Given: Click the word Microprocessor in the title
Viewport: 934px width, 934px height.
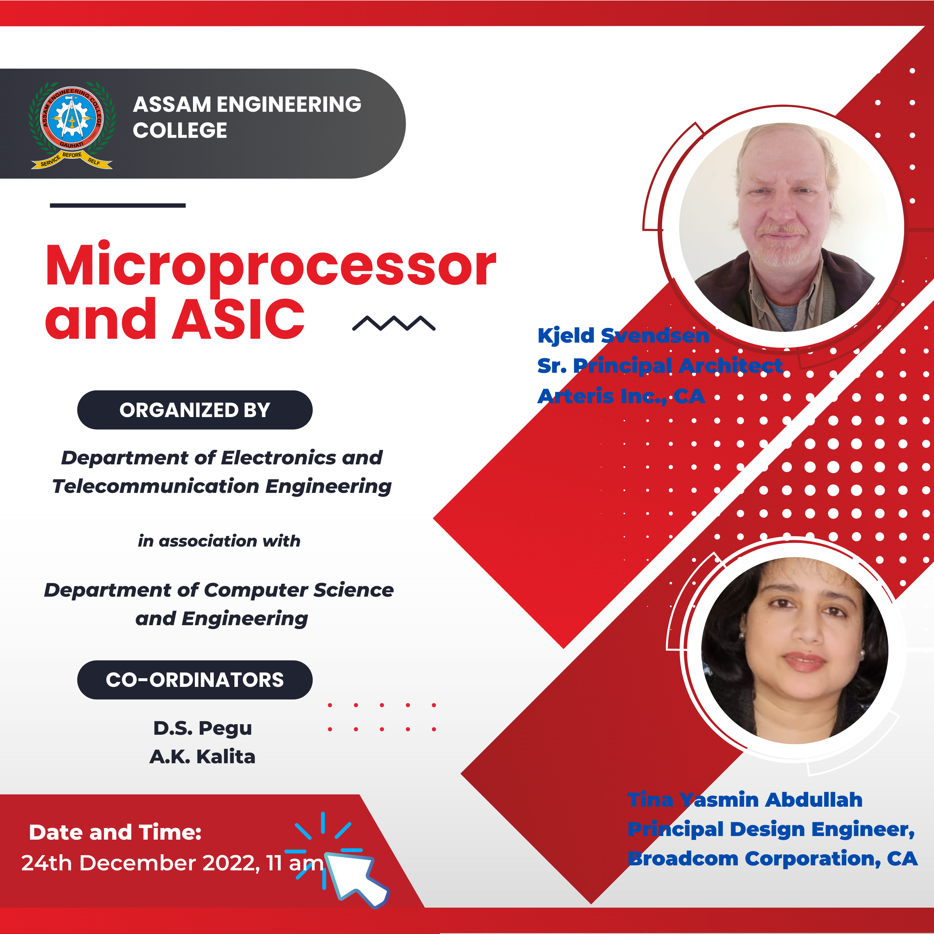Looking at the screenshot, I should pos(270,266).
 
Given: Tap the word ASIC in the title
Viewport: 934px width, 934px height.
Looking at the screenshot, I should pos(238,319).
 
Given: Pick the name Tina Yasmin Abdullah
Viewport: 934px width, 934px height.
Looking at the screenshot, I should pos(744,800).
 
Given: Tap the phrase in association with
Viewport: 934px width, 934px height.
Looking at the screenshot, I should pos(219,541).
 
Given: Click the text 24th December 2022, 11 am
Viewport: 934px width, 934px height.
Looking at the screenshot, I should pos(172,863).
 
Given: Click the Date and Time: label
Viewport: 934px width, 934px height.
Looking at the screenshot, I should pos(115,832).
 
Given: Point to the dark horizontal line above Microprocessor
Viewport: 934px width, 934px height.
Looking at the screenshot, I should pos(117,205).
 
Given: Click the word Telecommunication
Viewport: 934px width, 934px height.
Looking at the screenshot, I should pos(156,486).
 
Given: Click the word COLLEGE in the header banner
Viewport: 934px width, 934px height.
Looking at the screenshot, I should pos(180,131).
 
